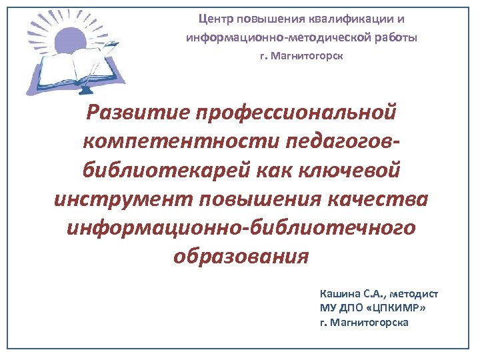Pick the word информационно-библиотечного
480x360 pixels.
tap(241, 227)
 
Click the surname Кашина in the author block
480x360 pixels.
tap(339, 293)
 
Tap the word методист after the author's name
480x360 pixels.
tap(415, 293)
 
